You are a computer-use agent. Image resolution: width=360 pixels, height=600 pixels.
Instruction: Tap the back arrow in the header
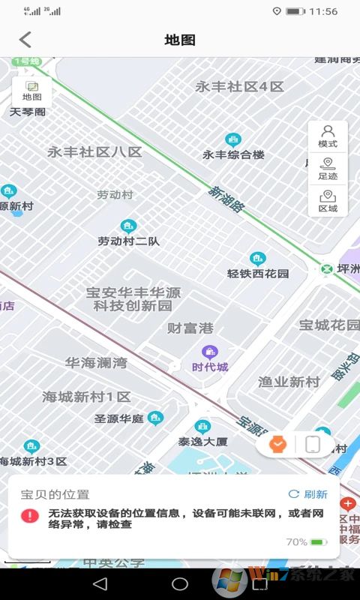coord(25,40)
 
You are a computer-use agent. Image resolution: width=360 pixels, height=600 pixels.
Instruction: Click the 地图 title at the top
coord(180,40)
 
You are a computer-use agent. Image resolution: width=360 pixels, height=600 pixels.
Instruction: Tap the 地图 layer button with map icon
coord(32,91)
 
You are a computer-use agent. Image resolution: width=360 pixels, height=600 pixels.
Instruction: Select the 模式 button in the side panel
coord(328,136)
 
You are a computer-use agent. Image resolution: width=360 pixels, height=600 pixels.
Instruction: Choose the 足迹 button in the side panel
coord(328,169)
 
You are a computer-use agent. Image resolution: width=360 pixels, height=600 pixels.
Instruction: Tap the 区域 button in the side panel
coord(328,201)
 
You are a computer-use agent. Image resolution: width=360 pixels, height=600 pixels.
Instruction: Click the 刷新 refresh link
coord(308,494)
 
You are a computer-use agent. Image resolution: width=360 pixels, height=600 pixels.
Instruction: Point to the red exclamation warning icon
coord(29,516)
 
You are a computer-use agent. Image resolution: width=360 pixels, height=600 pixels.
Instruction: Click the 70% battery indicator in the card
coord(306,541)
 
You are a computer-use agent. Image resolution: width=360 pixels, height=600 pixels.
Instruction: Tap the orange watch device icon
coord(278,445)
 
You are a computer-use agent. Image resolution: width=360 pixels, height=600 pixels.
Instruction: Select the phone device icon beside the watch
coord(313,445)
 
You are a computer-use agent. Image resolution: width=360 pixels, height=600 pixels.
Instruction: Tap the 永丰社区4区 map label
coord(240,87)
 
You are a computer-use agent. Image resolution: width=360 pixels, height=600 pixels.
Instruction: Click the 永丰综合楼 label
coord(233,154)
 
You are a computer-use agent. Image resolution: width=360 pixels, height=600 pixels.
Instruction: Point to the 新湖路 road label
coord(226,200)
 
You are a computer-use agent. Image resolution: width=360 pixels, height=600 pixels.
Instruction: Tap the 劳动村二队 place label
coord(128,241)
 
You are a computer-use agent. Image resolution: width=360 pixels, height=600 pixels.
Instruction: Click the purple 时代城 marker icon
coord(209,352)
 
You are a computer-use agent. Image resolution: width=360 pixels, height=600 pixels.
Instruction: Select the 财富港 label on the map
coord(190,328)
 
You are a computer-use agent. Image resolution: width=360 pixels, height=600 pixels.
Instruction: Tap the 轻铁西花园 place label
coord(258,273)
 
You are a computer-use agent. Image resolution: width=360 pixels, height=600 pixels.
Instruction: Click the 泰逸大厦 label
coord(202,441)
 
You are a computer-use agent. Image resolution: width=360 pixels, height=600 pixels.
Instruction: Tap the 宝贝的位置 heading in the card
coord(55,494)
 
